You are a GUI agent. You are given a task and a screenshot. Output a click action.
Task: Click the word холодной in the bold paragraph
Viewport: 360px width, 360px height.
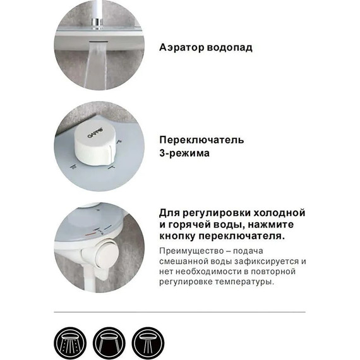coord(280,212)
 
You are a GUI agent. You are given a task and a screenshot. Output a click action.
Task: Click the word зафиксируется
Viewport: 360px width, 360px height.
coord(267,261)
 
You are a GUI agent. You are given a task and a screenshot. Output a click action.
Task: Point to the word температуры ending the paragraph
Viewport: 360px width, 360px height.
coord(247,282)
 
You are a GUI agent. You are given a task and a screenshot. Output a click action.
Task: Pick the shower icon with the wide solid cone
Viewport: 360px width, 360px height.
coord(109,343)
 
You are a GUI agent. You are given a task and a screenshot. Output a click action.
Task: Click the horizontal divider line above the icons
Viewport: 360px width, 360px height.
coord(179,311)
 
